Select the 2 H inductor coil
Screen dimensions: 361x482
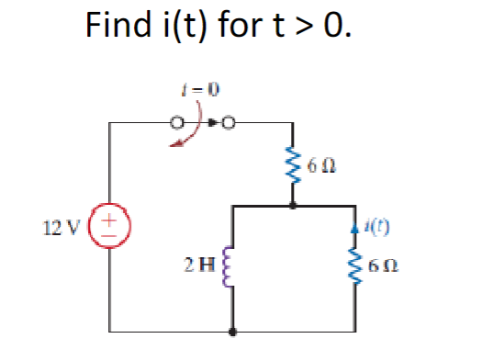click(x=234, y=269)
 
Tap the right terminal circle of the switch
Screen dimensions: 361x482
click(x=228, y=121)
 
